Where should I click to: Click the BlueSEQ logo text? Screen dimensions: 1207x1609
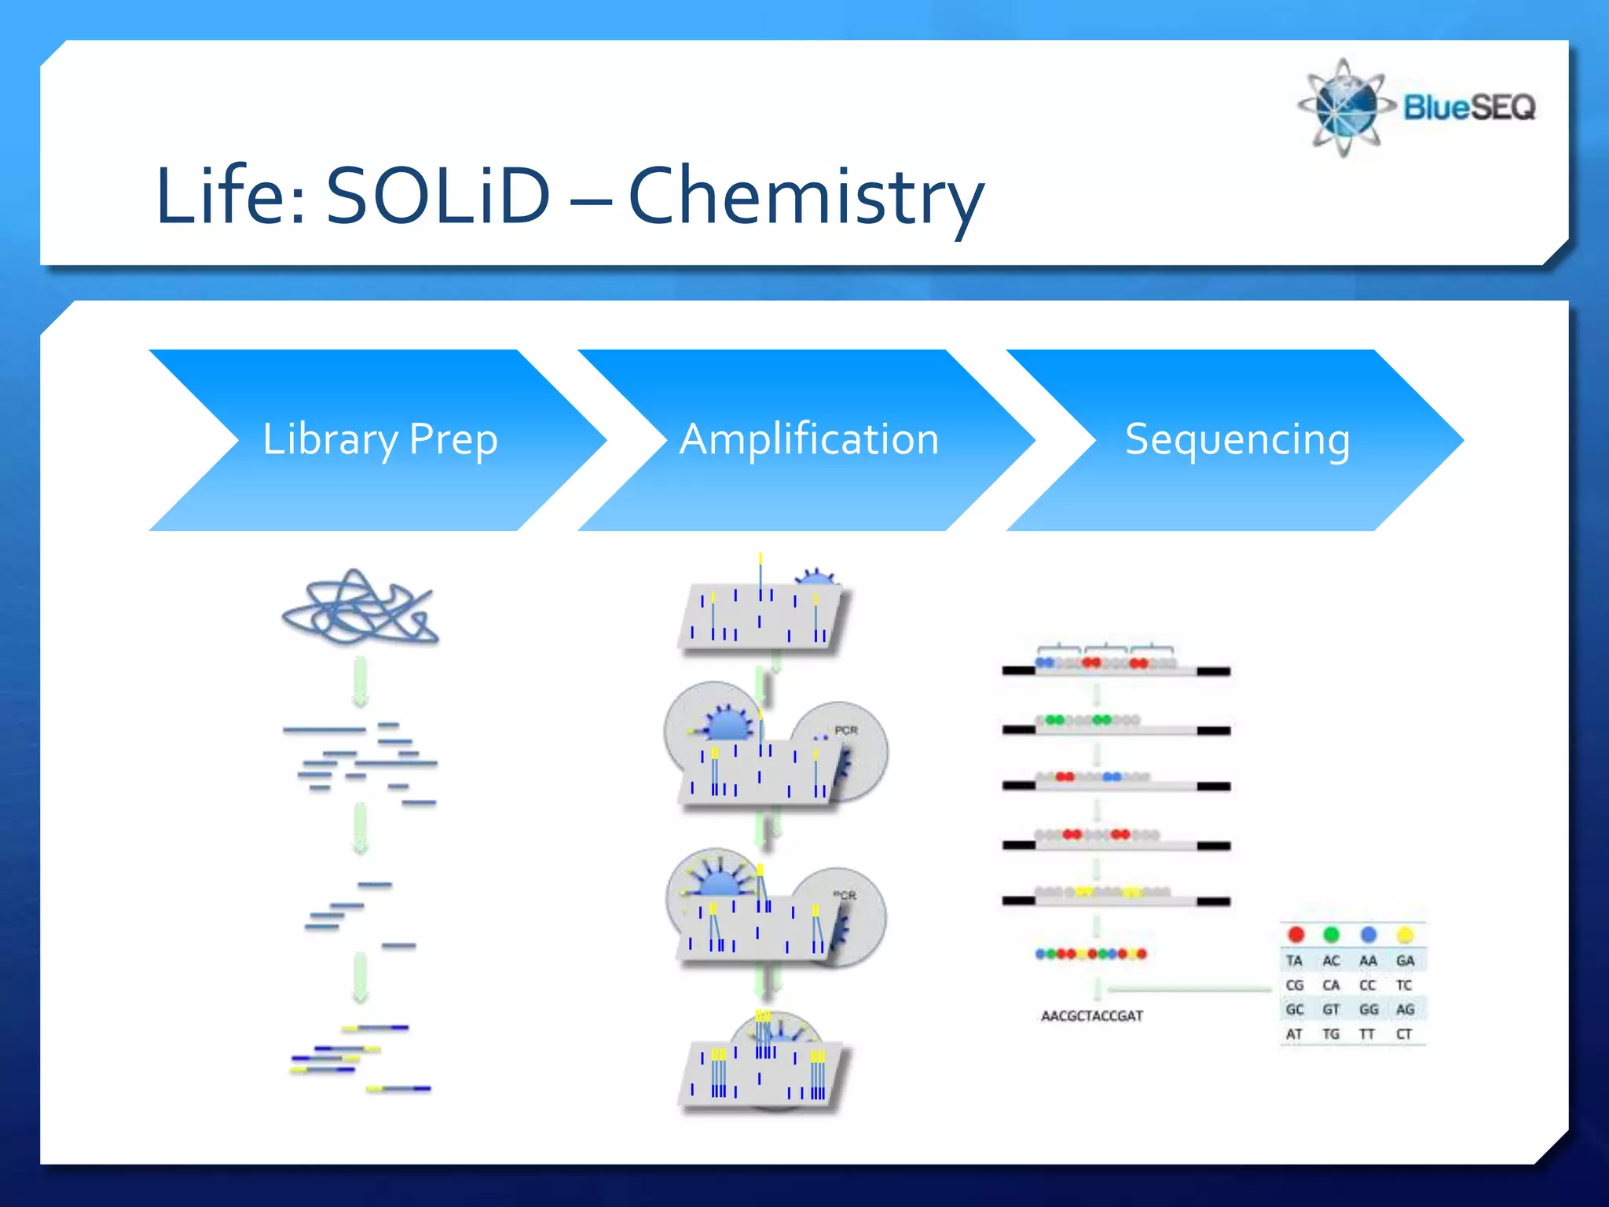[1468, 107]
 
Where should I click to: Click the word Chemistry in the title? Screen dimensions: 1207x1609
[806, 196]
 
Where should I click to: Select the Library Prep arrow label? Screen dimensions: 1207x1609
[379, 438]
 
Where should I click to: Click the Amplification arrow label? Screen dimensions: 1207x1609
[809, 438]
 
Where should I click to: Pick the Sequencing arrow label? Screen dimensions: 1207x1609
[1237, 438]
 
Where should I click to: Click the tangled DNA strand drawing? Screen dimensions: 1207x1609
[360, 607]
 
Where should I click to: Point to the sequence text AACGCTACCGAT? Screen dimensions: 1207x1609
[1091, 1016]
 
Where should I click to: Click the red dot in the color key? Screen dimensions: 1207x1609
[1296, 934]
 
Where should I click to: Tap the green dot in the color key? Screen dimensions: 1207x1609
[1331, 934]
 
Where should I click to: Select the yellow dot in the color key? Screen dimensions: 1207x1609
[1405, 934]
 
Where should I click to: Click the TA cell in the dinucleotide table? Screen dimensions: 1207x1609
[1294, 960]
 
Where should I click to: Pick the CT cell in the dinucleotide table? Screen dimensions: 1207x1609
[1404, 1034]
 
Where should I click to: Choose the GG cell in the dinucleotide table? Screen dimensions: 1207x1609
[1368, 1010]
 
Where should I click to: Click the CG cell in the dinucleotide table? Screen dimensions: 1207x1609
[1294, 985]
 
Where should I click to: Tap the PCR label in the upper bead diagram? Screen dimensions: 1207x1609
[846, 730]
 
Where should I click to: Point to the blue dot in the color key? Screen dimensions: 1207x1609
[1369, 934]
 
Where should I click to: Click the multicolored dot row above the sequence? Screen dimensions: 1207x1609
[1091, 954]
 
